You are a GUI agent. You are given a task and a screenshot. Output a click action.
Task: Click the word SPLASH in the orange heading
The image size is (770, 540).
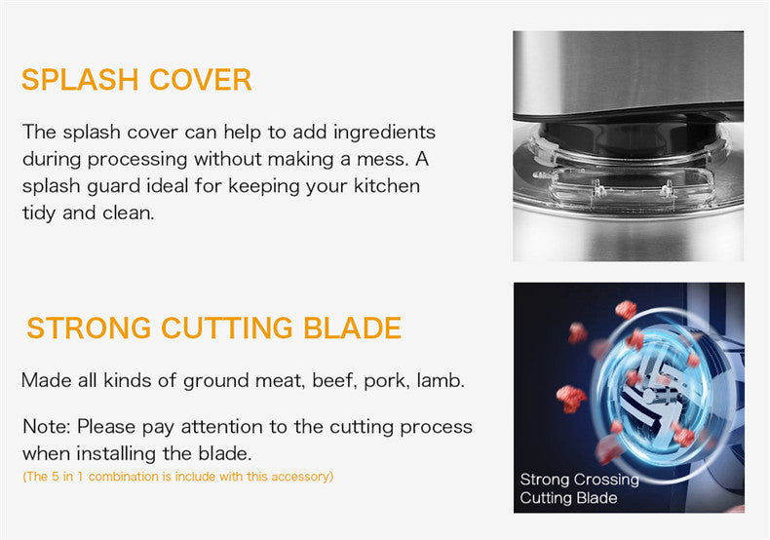coord(80,80)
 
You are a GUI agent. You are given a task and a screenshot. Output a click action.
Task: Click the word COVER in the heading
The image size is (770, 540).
coord(201,80)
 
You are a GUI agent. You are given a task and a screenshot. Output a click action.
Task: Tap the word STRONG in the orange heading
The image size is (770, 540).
coord(89,328)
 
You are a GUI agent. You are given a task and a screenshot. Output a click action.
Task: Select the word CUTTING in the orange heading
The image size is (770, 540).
coord(227,328)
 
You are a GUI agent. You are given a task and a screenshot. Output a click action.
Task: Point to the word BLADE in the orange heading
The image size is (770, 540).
coord(353,328)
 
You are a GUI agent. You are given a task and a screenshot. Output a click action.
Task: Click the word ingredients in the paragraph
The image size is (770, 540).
coord(384,133)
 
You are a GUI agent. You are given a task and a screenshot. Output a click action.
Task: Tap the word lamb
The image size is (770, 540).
coord(441,380)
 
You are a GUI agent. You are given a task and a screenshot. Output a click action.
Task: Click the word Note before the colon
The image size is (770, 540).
coord(46,427)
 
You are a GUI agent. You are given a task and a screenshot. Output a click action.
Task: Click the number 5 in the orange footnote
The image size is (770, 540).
coord(56,477)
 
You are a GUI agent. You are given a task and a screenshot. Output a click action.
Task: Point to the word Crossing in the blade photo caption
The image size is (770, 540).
coord(607,480)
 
